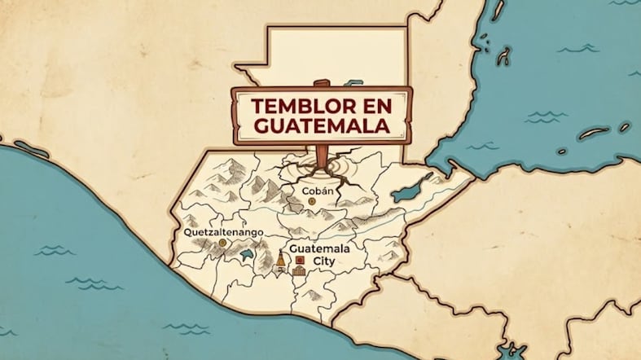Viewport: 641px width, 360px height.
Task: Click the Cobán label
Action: click(318, 191)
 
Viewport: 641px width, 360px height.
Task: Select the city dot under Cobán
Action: click(312, 200)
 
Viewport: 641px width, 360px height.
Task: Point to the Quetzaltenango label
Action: click(223, 232)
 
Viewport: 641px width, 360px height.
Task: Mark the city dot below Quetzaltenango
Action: click(223, 243)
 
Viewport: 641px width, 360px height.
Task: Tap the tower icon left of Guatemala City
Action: click(281, 261)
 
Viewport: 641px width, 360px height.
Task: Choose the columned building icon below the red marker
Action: click(298, 270)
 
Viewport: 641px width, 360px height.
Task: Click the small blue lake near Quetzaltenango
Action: click(245, 257)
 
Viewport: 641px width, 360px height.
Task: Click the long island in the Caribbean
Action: click(594, 133)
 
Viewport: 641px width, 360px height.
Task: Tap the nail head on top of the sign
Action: click(321, 83)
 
